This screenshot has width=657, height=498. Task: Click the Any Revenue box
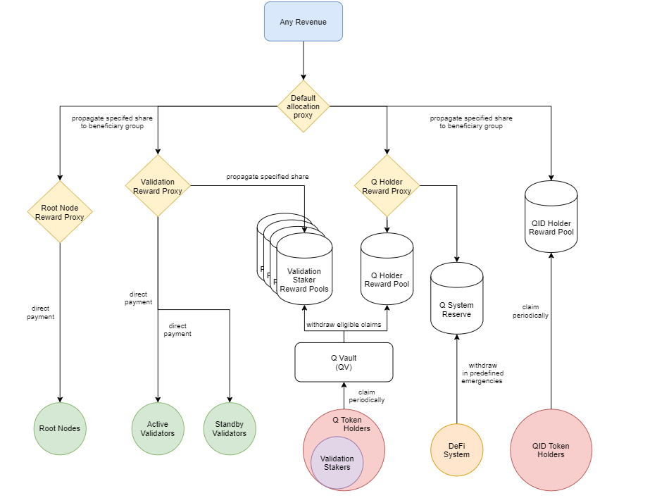point(303,22)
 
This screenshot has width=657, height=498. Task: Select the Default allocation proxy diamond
point(303,106)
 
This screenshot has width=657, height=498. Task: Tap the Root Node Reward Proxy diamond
point(60,212)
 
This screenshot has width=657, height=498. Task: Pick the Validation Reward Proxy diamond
point(158,186)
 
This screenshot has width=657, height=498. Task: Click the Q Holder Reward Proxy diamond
point(387,187)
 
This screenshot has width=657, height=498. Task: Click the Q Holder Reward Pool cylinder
point(387,271)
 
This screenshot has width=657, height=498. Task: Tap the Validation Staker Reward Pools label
point(304,280)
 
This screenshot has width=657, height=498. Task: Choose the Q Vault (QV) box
point(344,362)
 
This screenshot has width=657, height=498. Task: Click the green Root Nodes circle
point(60,428)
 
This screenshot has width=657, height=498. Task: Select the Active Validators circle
point(158,428)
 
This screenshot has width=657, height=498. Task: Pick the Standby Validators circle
point(230,428)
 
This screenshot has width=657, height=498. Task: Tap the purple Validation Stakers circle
point(337,463)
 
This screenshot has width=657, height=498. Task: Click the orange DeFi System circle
point(456,449)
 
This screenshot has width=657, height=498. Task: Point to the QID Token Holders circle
point(551,449)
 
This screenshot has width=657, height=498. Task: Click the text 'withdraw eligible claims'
point(344,325)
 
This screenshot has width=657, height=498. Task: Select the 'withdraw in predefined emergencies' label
point(482,373)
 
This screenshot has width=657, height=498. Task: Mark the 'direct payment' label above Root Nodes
point(40,312)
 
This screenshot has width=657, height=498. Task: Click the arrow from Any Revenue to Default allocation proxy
point(304,60)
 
